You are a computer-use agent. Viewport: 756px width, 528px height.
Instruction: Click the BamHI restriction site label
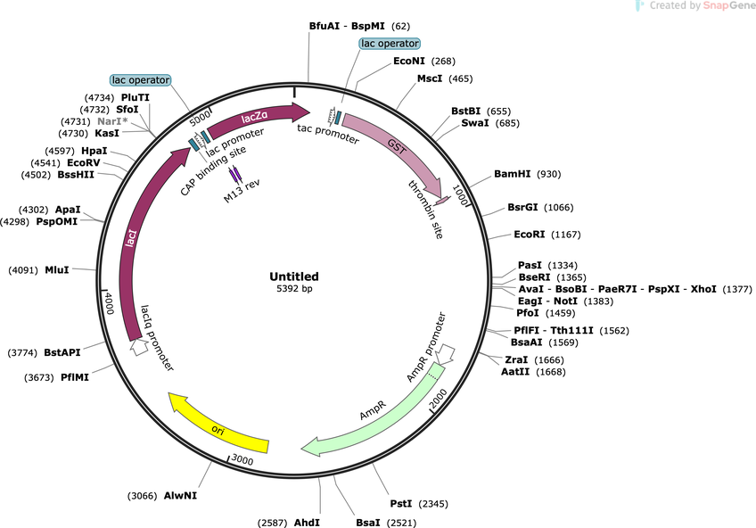(512, 174)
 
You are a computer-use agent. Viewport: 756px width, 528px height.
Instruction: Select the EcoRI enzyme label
(529, 235)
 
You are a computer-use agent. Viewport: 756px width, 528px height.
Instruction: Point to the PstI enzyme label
(401, 504)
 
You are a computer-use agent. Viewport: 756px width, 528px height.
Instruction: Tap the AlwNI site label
(180, 496)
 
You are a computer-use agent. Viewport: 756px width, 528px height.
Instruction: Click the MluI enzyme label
(57, 270)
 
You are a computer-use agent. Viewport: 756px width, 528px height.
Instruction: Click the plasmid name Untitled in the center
(294, 276)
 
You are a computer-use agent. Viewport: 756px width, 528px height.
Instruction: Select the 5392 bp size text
(294, 289)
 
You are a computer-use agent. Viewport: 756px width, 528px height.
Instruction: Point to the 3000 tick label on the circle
(242, 459)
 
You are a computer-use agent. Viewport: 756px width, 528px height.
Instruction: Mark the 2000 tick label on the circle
(440, 399)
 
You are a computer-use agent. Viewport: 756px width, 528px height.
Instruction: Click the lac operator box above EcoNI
(390, 44)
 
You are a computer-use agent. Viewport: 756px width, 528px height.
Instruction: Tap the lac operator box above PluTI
(141, 80)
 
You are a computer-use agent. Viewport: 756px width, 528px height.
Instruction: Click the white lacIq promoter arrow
(139, 347)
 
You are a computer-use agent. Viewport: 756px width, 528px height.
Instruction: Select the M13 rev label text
(242, 191)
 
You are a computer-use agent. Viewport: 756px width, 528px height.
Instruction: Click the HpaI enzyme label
(94, 152)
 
